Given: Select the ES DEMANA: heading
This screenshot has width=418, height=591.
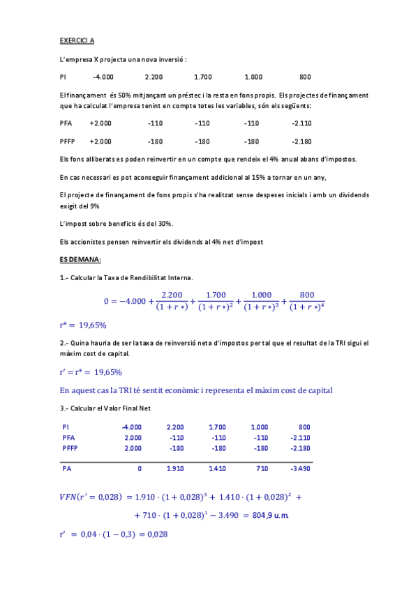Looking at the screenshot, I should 80,259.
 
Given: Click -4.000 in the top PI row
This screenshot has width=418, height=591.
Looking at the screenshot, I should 103,77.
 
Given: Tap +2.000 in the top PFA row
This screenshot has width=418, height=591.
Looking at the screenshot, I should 100,123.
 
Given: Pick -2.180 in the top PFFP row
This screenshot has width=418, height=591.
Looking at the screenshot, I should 301,141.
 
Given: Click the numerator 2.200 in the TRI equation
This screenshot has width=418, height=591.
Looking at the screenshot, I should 172,294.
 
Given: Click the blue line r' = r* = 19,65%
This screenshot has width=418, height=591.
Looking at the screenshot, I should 91,371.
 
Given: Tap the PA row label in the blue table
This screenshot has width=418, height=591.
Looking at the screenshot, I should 67,469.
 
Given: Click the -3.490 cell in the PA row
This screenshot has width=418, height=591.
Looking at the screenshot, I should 300,469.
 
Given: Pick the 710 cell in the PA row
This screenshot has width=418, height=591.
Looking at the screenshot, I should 262,469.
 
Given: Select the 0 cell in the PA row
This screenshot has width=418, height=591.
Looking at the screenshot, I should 140,469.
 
